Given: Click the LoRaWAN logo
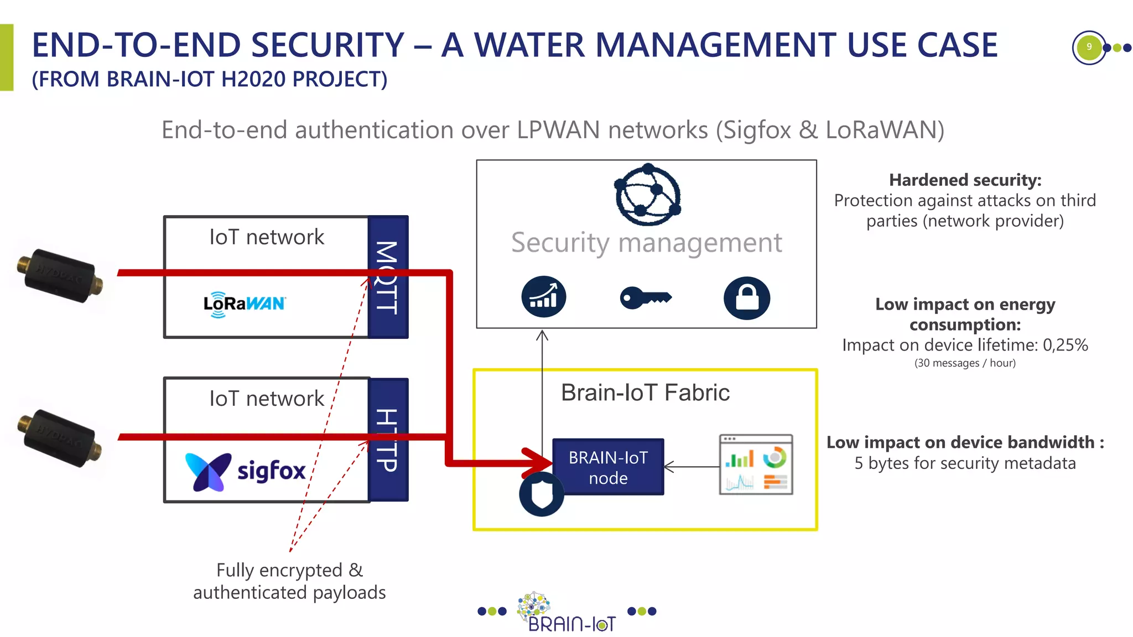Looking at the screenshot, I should pos(244,304).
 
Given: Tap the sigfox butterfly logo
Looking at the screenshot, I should pos(208,472).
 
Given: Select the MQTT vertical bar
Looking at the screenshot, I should pos(388,276).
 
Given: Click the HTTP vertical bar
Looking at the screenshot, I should pos(388,440).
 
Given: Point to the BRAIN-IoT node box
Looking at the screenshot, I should pos(608,467).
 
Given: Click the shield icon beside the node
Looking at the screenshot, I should pos(541,494).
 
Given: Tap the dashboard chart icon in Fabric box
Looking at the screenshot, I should pos(756,464).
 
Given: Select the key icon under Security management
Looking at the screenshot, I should pos(645,298).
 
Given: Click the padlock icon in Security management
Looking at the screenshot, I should pos(746,298).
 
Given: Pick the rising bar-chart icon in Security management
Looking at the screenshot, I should pos(543,296).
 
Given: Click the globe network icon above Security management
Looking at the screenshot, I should pos(648,195).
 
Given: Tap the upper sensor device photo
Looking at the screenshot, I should pos(60,275).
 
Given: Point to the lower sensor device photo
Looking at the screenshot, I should pos(60,438).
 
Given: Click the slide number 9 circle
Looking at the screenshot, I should pos(1088,47).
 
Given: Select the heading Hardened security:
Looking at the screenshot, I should pos(965,180).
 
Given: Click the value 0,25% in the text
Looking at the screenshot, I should pos(1065,345).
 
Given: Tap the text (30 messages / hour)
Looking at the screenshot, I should pos(965,363).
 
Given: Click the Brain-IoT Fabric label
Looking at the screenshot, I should pos(645,393).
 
